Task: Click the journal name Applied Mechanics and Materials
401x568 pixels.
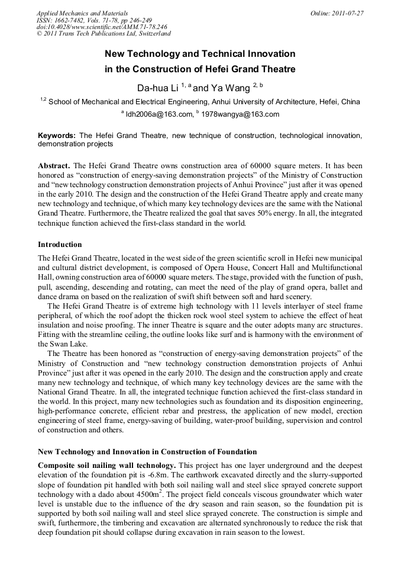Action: click(x=82, y=12)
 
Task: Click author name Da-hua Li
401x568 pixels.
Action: click(x=157, y=88)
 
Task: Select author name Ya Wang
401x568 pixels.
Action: click(x=231, y=88)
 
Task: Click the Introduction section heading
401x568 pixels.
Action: click(x=60, y=244)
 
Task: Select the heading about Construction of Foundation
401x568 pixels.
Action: click(x=147, y=452)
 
